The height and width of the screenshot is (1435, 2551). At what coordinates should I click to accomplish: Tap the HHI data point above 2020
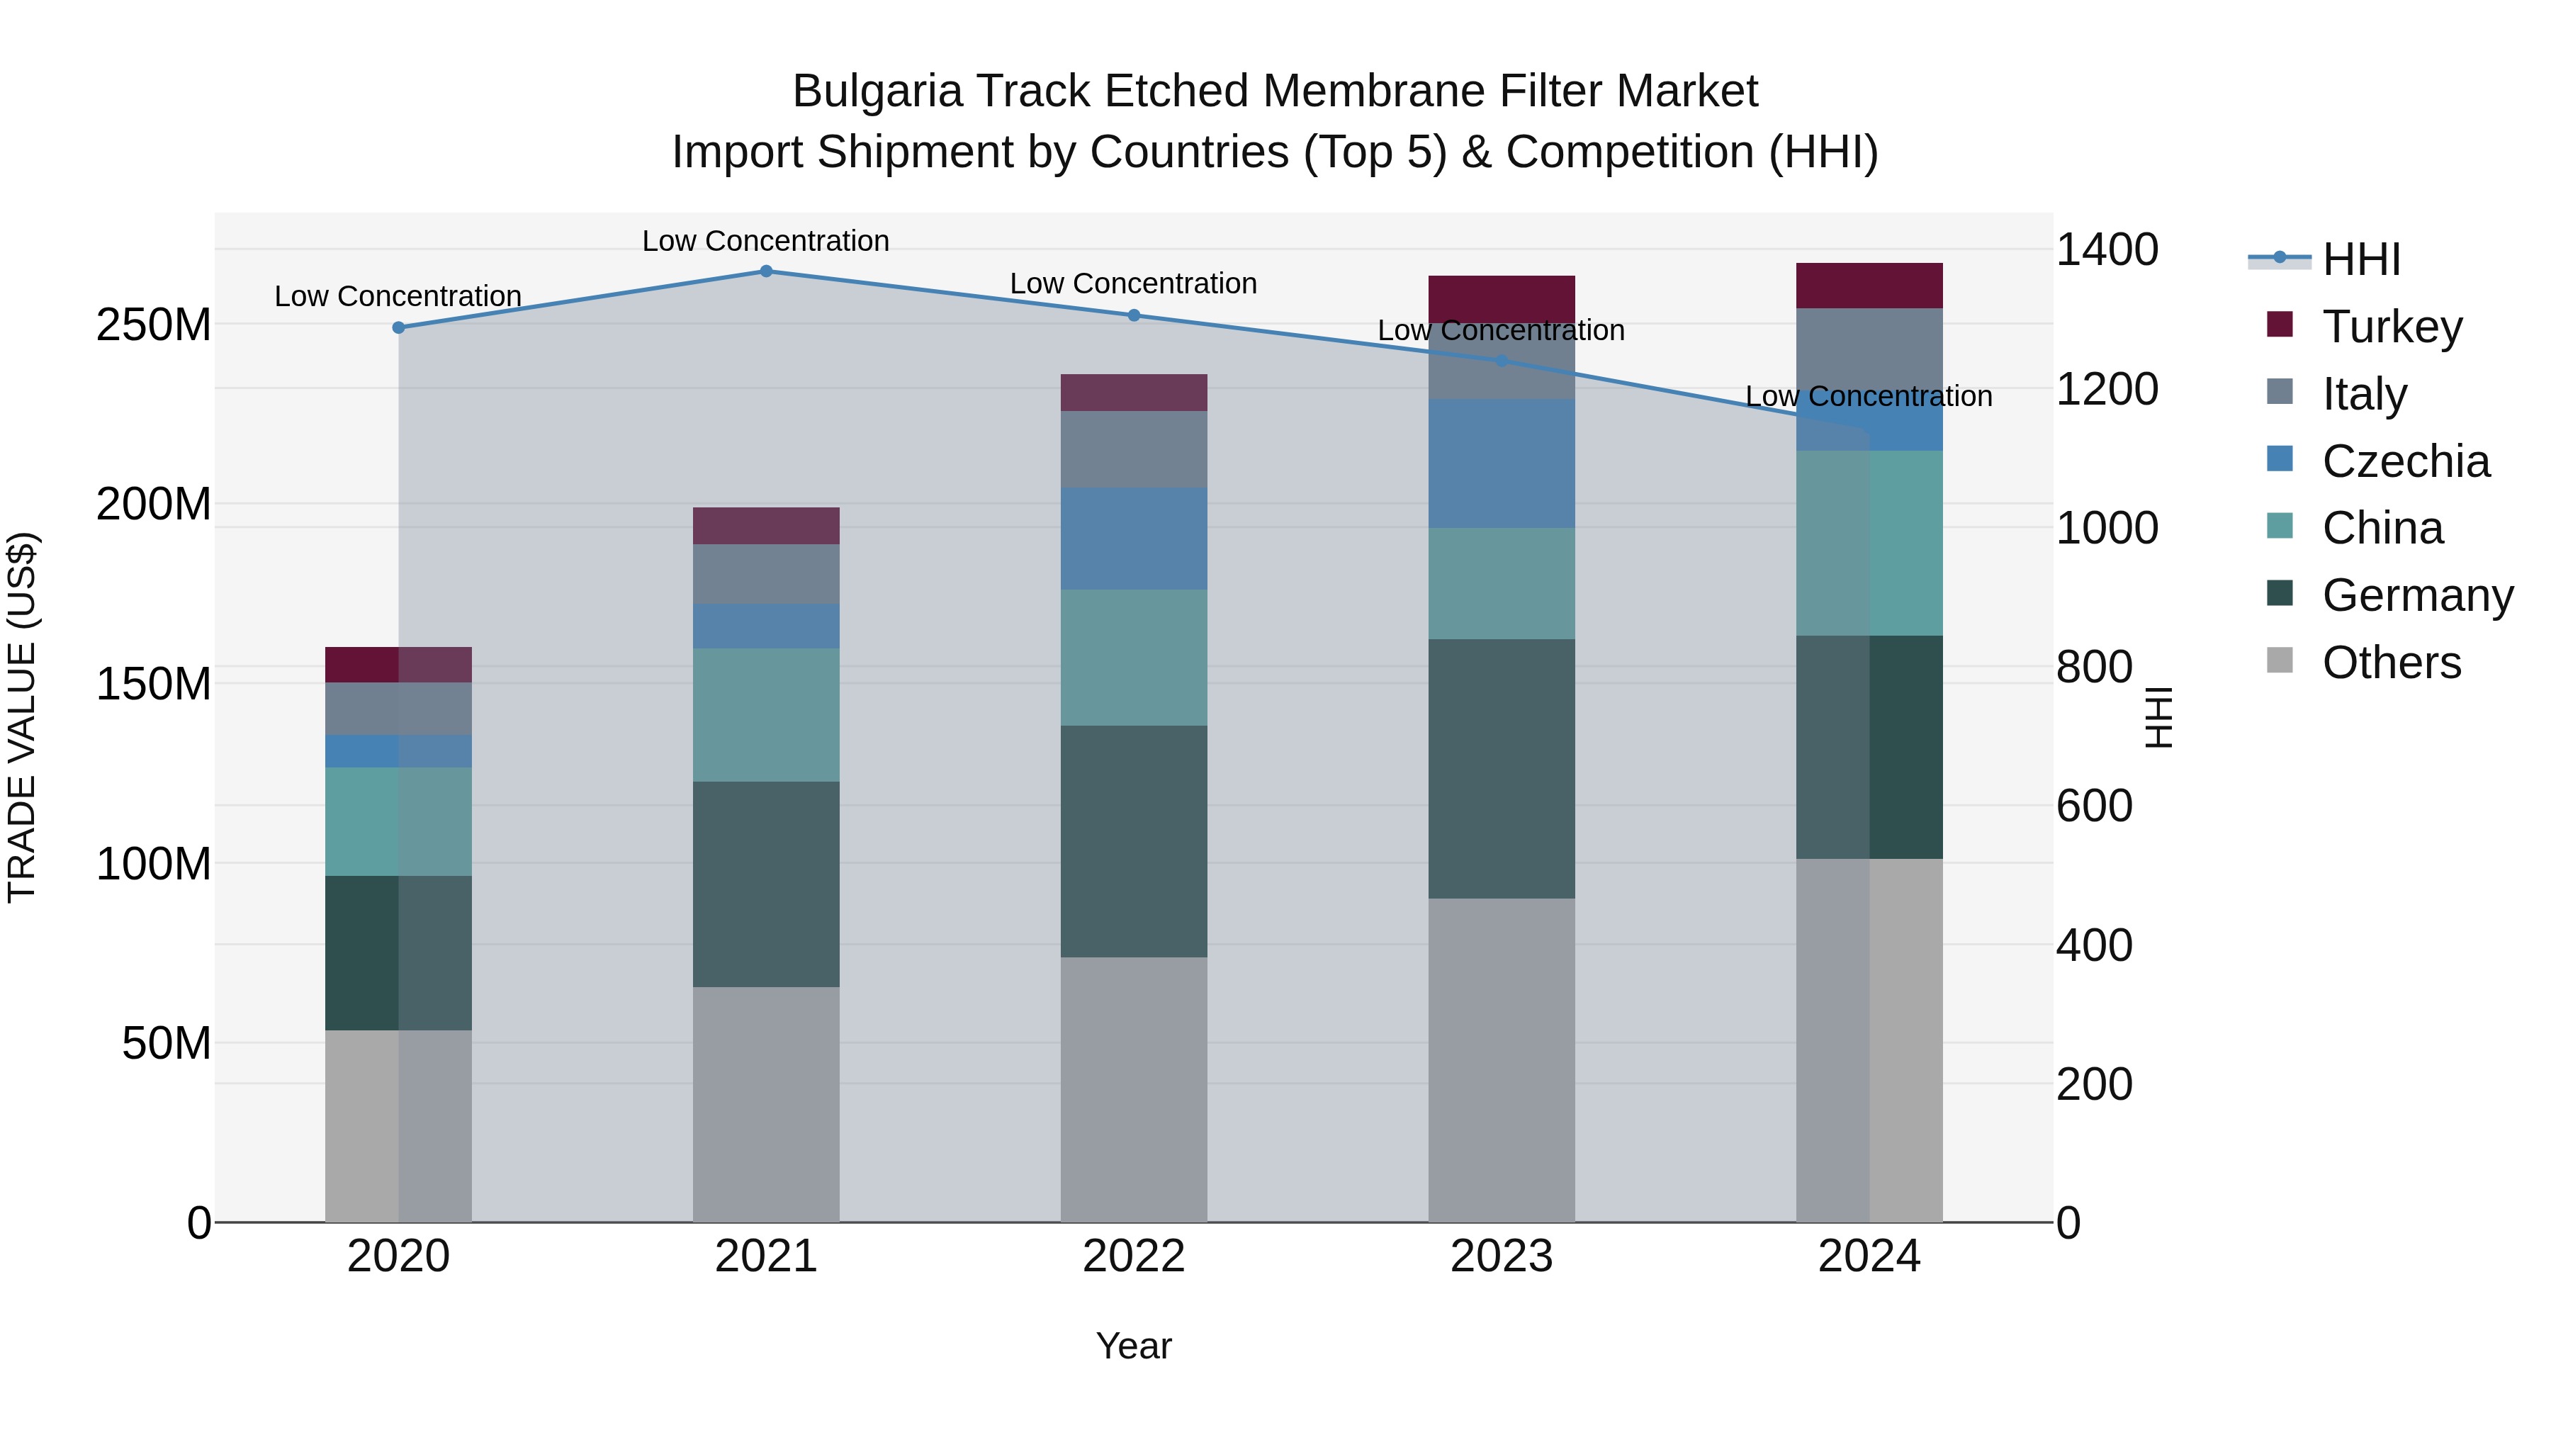(x=398, y=328)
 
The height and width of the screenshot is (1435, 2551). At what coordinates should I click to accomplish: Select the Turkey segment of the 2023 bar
(x=1502, y=299)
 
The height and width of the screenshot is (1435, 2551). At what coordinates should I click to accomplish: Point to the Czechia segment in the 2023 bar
(x=1502, y=463)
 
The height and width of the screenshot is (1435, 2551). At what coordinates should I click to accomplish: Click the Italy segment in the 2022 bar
(x=1134, y=449)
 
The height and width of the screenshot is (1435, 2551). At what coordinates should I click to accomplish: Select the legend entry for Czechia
(x=2404, y=461)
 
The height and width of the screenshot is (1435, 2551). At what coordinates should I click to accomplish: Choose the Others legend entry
(x=2391, y=663)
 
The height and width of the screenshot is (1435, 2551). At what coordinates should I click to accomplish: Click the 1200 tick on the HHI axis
(x=2107, y=389)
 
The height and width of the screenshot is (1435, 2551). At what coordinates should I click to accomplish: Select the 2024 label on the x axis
(x=1869, y=1256)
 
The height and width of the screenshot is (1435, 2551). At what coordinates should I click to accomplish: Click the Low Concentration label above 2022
(x=1133, y=284)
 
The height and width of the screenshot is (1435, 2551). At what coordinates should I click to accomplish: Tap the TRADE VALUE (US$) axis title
(x=22, y=717)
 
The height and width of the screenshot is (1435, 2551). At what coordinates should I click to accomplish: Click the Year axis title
(x=1133, y=1346)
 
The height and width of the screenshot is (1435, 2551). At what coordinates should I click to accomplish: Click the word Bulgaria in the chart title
(x=877, y=91)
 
